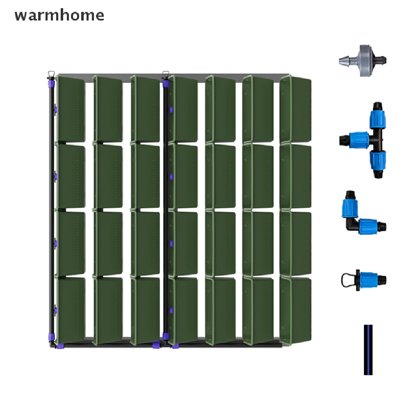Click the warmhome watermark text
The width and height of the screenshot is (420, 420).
59,15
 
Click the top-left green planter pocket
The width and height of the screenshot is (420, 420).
71,109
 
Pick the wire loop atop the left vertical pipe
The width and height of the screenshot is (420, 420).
51,74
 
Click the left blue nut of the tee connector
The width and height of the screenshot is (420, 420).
358,139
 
